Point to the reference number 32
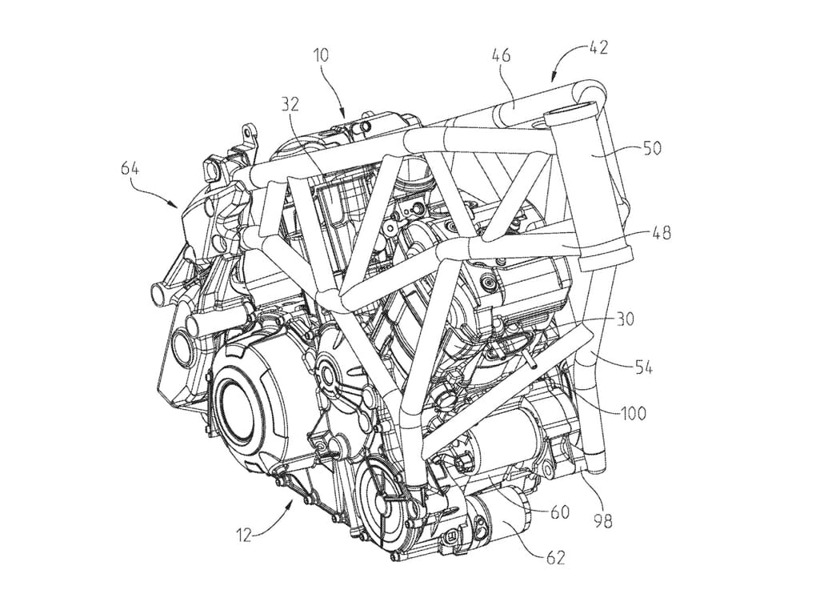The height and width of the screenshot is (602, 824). click(x=293, y=103)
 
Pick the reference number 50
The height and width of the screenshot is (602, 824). click(x=652, y=148)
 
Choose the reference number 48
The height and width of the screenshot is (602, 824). click(x=662, y=233)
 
